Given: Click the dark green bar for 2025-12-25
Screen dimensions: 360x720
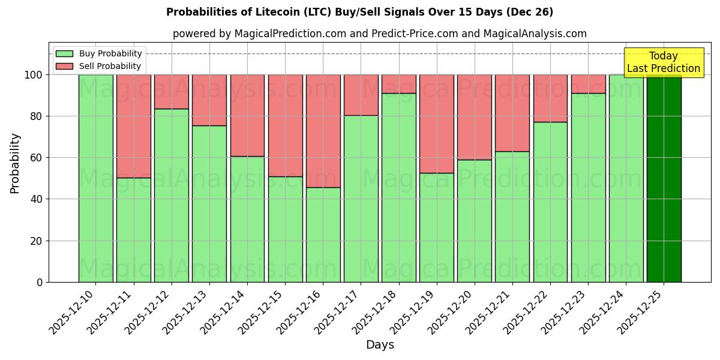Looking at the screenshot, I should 664,178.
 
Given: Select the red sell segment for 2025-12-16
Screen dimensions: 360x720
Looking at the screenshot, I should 323,131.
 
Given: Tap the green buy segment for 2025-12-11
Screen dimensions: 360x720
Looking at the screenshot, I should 134,230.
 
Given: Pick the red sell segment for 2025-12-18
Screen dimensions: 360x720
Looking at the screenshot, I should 399,84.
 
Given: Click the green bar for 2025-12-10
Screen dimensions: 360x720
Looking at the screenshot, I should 96,178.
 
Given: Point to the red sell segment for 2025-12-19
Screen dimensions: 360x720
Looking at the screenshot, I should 437,124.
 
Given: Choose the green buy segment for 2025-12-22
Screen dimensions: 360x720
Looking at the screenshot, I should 550,202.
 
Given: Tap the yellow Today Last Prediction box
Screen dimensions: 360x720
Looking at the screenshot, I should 663,62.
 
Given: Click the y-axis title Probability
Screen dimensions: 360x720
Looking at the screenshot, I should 15,163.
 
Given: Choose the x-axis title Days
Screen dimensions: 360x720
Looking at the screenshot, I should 380,345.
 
